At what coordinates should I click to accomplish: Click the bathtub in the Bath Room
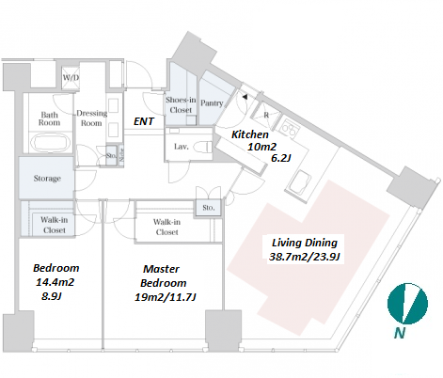click(x=51, y=143)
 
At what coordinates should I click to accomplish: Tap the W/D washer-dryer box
click(x=71, y=77)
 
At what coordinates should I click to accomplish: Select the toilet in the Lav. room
click(x=202, y=147)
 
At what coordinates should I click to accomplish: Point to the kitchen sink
click(x=299, y=182)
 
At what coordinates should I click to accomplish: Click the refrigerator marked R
click(x=266, y=115)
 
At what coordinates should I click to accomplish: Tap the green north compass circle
click(x=407, y=304)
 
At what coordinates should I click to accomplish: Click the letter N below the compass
click(x=400, y=333)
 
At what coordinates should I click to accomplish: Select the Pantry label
click(x=212, y=102)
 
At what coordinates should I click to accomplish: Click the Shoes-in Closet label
click(x=181, y=104)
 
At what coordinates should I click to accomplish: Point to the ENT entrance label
click(x=144, y=121)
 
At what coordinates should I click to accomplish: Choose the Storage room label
click(x=47, y=179)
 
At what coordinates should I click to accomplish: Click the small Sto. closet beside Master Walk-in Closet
click(x=209, y=208)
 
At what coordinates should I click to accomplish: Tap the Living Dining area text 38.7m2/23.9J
click(x=305, y=257)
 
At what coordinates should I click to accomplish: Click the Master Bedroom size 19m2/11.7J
click(x=166, y=297)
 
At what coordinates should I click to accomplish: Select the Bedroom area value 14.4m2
click(x=55, y=282)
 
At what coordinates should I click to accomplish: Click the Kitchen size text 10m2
click(x=261, y=147)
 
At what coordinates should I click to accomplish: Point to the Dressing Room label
click(x=91, y=118)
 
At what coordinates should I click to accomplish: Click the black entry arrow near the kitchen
click(x=245, y=97)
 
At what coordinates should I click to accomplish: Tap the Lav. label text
click(x=182, y=147)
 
